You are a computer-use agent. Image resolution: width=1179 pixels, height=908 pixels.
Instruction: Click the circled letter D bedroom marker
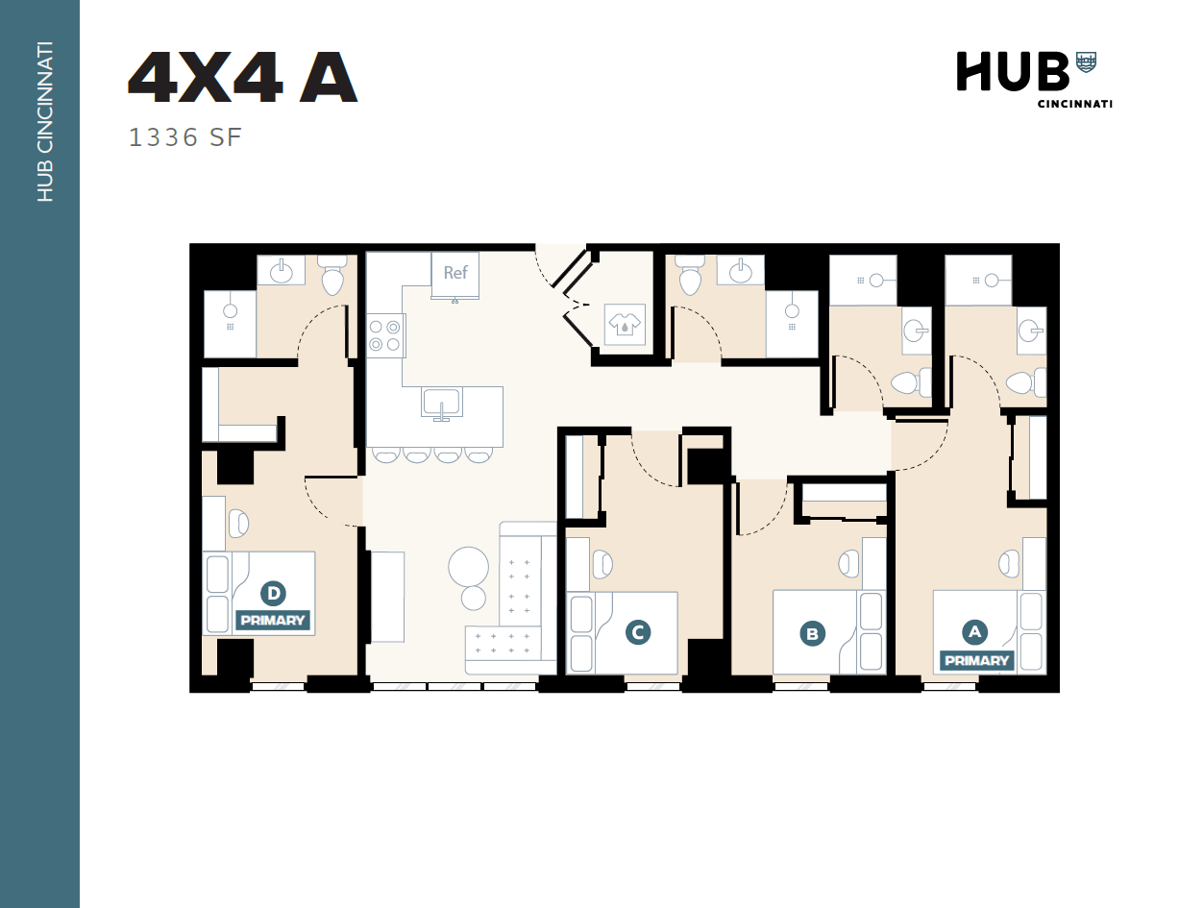point(273,594)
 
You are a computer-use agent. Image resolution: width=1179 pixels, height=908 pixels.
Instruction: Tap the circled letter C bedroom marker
point(637,632)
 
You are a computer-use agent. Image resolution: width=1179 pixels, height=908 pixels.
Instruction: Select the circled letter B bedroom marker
point(813,633)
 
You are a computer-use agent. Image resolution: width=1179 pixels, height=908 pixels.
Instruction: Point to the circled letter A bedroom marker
point(975,631)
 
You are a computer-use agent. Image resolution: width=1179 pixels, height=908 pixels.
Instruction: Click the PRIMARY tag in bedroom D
point(273,621)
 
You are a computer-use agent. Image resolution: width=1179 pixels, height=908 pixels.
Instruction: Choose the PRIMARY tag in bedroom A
point(977,661)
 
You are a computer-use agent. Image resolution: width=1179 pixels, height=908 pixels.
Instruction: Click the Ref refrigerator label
point(455,273)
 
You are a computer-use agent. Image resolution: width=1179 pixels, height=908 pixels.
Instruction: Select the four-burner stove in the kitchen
point(384,335)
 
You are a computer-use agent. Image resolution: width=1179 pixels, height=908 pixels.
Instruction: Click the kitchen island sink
point(442,403)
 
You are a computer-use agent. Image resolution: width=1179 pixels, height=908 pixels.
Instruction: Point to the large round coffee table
point(469,566)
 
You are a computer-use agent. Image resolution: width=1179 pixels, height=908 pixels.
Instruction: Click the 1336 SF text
point(184,138)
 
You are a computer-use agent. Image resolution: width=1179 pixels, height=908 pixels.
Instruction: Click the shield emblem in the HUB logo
point(1086,62)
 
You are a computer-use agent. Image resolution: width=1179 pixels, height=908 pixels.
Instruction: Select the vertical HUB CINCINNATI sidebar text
point(44,122)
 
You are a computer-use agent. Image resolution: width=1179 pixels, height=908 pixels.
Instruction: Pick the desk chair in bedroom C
point(602,563)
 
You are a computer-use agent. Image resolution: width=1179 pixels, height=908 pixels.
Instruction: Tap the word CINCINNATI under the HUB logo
point(1074,104)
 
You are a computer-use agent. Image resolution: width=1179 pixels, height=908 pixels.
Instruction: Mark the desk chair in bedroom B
point(849,563)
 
